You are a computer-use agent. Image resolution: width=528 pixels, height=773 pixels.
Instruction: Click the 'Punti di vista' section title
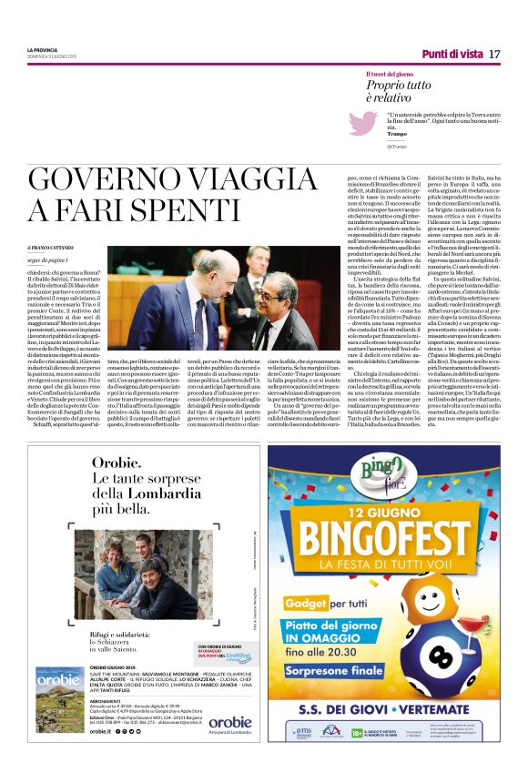click(452, 54)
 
